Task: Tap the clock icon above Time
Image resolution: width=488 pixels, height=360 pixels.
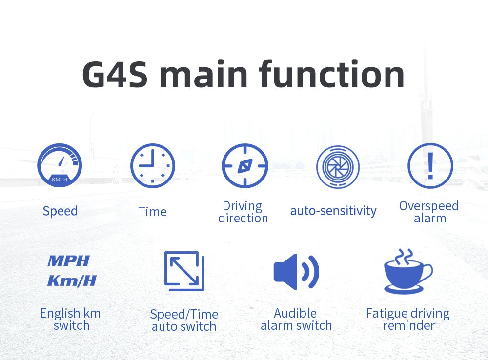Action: point(152,166)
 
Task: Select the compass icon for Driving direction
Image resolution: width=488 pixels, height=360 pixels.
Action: point(244,166)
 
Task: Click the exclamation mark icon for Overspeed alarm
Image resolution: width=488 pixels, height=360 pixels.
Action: point(430,166)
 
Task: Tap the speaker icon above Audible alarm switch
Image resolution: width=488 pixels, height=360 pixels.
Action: point(296,271)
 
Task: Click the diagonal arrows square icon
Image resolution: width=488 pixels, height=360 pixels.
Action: point(184,271)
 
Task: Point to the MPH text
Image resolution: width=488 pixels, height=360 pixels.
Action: point(69,261)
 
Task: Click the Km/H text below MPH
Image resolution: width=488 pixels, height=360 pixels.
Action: point(72,281)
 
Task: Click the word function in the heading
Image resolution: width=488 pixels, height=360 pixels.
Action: point(332,74)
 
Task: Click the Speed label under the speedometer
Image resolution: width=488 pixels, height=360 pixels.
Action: point(60,211)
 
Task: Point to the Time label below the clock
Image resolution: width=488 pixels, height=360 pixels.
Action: point(152,212)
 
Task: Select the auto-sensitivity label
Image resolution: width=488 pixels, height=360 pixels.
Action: point(333,211)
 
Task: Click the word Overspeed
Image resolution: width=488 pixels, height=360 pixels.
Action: point(428,206)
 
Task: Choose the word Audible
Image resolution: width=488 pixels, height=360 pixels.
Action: point(295,313)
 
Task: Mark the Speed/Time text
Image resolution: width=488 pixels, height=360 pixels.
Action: point(184,314)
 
